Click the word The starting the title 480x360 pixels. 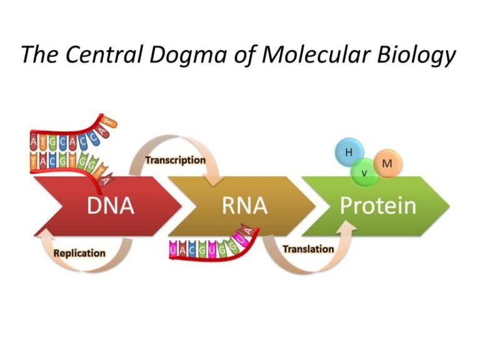coord(41,55)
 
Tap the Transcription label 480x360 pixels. coord(175,160)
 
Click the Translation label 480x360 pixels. coord(308,249)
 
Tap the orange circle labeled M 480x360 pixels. coord(387,164)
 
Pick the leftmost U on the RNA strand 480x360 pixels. coord(173,251)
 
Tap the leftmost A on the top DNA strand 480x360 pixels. coord(34,141)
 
